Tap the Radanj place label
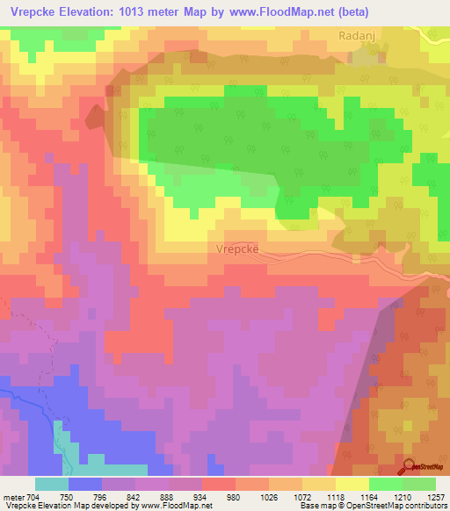(x=357, y=36)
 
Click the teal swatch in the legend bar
(x=52, y=484)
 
